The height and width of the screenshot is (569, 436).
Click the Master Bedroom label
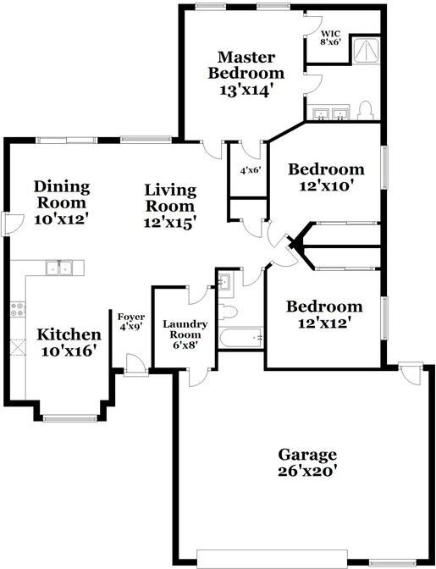(x=246, y=74)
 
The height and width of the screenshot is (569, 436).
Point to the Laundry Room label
(x=185, y=333)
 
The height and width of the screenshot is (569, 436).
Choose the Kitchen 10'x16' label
(x=69, y=342)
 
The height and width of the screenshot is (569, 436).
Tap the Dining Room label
(x=61, y=202)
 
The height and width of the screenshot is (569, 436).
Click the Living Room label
(x=170, y=206)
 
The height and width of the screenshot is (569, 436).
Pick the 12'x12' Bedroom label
(x=323, y=314)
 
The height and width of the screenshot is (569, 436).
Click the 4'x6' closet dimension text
(x=250, y=170)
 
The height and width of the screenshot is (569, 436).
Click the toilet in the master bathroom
(x=366, y=109)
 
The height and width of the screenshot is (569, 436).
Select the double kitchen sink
(x=60, y=268)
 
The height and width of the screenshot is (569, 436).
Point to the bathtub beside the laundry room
(x=240, y=339)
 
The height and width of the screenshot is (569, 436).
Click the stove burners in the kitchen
(x=16, y=310)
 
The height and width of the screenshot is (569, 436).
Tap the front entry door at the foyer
(x=133, y=364)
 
